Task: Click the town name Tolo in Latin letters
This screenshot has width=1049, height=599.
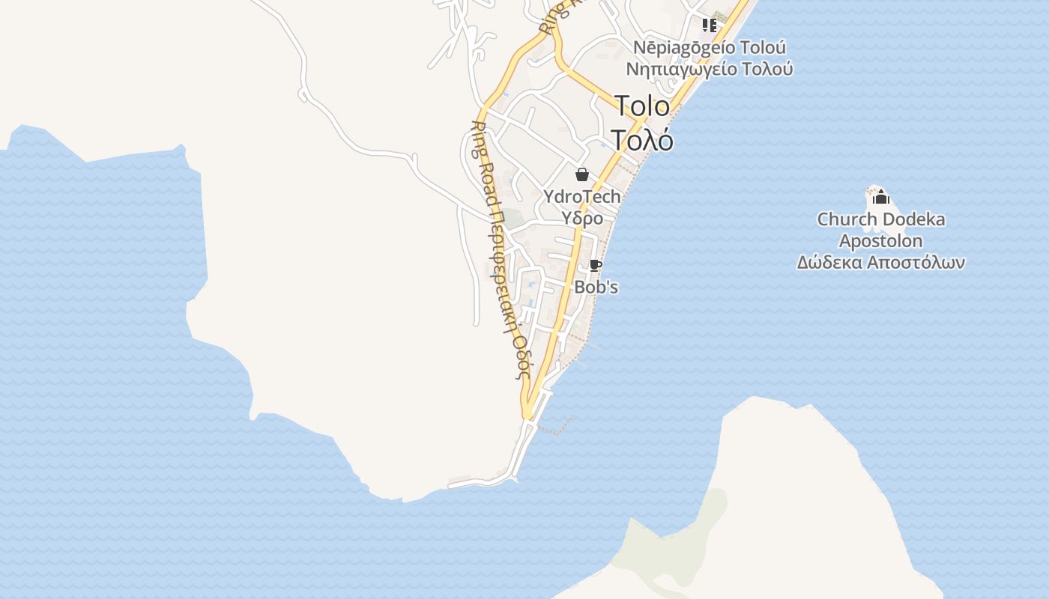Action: [642, 106]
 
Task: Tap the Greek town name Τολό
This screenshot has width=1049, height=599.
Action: [641, 140]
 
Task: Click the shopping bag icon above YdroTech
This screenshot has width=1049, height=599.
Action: [582, 174]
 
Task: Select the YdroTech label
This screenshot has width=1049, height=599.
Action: [582, 197]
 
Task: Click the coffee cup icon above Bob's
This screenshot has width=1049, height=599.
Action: [595, 266]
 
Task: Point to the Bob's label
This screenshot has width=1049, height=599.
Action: [596, 287]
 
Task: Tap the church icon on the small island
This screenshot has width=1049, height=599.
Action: [881, 197]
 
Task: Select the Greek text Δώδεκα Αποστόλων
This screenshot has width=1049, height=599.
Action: [880, 262]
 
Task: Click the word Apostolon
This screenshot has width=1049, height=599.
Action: [880, 241]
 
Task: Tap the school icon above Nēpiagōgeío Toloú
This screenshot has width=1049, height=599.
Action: [709, 25]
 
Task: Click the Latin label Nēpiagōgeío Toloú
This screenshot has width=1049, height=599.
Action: [710, 47]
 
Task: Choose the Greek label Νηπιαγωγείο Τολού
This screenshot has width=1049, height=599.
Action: [710, 69]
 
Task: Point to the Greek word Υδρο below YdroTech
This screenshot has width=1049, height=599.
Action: [582, 219]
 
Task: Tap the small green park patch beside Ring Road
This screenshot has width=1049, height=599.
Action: [513, 219]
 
